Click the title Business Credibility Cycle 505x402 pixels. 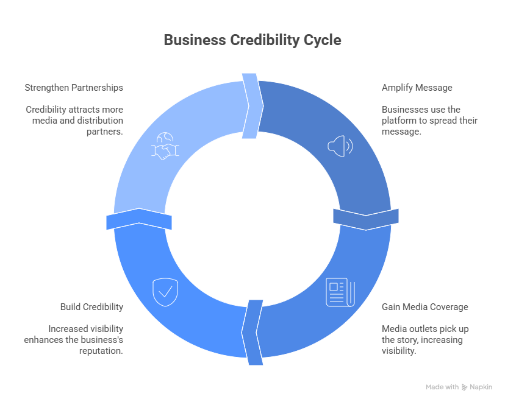[253, 40]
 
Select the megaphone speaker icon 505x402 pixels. [340, 146]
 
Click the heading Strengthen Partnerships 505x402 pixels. [74, 88]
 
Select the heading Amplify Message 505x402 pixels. [417, 88]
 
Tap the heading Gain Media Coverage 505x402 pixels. [425, 307]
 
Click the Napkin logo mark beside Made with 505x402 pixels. [465, 387]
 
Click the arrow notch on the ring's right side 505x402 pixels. [366, 219]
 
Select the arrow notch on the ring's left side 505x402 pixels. [139, 219]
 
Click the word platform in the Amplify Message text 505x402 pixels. [398, 121]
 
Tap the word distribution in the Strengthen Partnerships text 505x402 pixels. [101, 121]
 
